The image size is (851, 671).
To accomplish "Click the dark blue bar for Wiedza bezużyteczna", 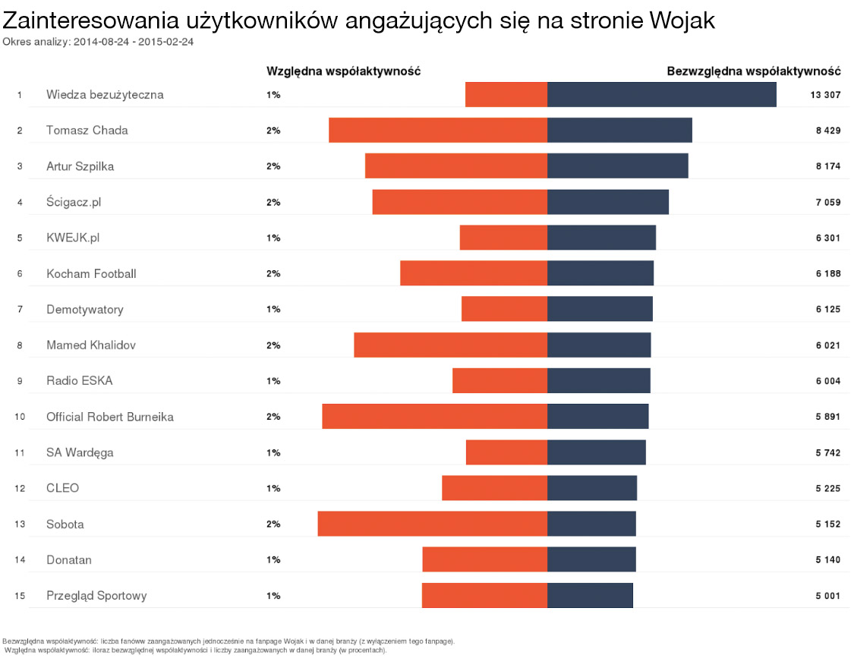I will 661,95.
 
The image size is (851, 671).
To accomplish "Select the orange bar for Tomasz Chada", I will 438,131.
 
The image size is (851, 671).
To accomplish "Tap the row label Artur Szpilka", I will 80,166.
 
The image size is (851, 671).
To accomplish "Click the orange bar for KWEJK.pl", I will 503,238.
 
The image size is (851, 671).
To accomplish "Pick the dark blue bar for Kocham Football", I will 600,273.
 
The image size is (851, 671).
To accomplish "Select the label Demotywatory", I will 84,310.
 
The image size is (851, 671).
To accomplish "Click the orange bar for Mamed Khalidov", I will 450,345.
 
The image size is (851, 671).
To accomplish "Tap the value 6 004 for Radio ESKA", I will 827,381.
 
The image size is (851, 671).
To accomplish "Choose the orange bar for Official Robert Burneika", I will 434,417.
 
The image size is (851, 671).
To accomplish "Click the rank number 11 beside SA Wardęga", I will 20,453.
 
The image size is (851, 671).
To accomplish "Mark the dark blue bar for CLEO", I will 592,488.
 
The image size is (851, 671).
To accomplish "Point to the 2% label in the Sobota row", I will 273,525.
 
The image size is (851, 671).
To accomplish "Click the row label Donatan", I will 68,560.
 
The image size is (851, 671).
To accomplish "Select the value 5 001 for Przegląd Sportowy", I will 827,596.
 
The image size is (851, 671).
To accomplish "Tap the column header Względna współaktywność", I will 343,71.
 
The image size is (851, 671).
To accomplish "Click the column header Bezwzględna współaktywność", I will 753,71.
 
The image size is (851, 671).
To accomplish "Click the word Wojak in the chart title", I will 682,20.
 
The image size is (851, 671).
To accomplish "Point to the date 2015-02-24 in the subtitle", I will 172,42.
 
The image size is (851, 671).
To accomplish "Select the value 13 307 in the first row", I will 825,95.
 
